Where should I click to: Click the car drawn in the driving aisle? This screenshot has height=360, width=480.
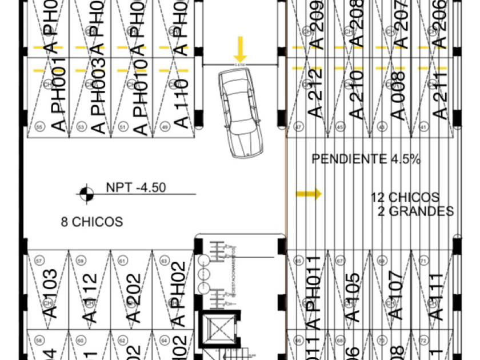click(x=241, y=114)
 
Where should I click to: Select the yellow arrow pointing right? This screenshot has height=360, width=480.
click(x=309, y=194)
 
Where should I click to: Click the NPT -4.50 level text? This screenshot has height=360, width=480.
click(x=135, y=187)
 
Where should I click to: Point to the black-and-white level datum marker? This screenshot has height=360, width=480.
click(x=86, y=194)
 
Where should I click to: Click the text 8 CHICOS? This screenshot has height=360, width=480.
click(x=92, y=222)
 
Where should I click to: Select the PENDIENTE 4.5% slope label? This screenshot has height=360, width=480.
click(x=366, y=159)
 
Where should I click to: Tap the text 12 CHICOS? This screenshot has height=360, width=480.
click(x=405, y=198)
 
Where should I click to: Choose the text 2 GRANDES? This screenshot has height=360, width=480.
click(x=416, y=212)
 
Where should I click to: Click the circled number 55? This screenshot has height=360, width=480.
click(x=39, y=127)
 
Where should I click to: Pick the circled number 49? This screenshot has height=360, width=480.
click(x=166, y=127)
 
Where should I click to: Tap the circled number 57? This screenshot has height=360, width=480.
click(x=39, y=261)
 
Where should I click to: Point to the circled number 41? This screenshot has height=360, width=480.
click(x=424, y=127)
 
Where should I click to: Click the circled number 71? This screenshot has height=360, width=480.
click(x=424, y=261)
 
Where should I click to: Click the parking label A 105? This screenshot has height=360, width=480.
click(x=353, y=297)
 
